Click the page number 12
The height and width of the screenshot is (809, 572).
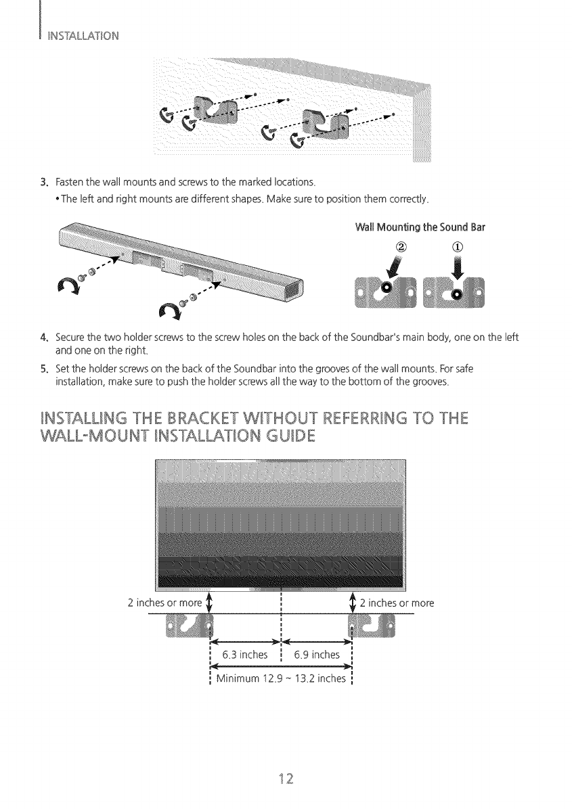click(286, 775)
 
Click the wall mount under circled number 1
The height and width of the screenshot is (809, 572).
click(457, 290)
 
